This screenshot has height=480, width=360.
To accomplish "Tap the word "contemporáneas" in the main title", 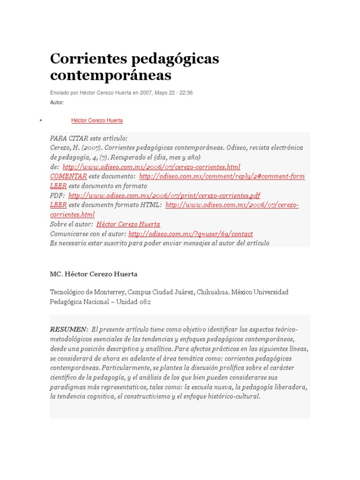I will tap(111, 75).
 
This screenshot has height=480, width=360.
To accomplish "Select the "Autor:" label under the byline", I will tap(57, 102).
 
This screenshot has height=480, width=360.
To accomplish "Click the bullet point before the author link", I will tap(41, 120).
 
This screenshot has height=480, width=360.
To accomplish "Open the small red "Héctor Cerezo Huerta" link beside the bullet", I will tap(97, 120).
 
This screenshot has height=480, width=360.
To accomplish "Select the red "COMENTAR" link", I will tap(68, 176).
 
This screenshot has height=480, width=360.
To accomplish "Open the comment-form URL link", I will tap(222, 176).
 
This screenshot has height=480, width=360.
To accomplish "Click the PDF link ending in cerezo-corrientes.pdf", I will tap(164, 195).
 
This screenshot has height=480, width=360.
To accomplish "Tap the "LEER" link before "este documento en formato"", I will tap(58, 186).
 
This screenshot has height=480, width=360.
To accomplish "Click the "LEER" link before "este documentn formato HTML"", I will tap(58, 205).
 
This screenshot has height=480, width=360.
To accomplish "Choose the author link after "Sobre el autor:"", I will tap(128, 224).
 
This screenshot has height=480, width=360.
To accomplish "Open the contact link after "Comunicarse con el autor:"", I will tap(190, 233).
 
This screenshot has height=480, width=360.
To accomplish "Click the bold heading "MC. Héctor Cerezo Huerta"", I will tap(94, 274).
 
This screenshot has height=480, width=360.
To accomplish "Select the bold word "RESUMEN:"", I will tap(69, 329).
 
